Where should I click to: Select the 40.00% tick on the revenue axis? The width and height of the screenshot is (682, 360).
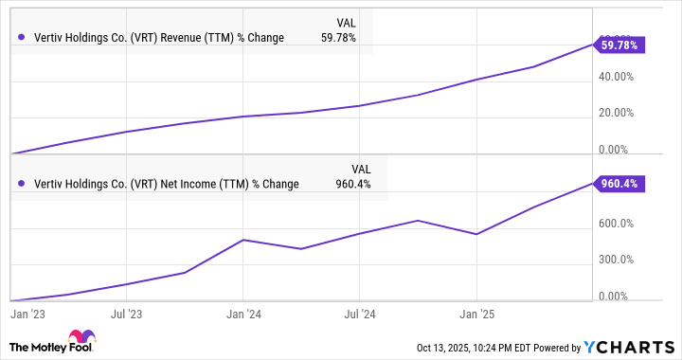[x=621, y=77]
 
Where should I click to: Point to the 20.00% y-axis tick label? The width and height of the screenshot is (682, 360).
[x=621, y=113]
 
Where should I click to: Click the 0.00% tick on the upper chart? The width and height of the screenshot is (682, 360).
[x=624, y=150]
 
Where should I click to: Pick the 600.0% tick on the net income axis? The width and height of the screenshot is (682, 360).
[x=621, y=224]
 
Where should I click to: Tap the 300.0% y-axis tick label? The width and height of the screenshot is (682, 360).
[x=621, y=260]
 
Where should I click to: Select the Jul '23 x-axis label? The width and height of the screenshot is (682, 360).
[x=127, y=310]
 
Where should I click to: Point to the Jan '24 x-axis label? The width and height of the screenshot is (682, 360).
[x=243, y=310]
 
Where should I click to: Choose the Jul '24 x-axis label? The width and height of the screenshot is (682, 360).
[x=360, y=310]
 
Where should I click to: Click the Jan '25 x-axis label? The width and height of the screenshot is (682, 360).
[x=476, y=310]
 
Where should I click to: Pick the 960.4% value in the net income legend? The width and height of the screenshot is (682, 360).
[x=352, y=184]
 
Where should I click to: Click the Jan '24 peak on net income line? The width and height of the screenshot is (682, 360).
[x=243, y=240]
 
